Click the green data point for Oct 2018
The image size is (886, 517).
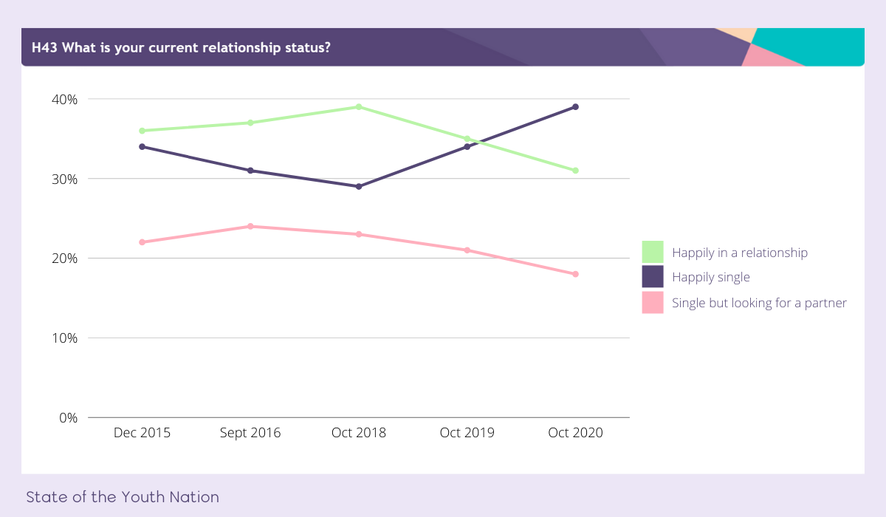point(359,107)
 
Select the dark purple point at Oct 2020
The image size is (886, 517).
point(575,107)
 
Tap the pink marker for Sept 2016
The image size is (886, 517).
point(250,226)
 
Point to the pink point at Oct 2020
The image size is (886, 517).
point(575,274)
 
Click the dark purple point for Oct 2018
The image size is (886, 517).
point(359,186)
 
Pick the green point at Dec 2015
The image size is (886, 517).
point(142,131)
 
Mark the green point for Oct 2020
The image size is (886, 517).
point(575,171)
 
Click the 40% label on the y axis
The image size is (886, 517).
point(64,99)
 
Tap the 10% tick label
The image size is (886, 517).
point(64,338)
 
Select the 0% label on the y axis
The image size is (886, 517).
point(68,418)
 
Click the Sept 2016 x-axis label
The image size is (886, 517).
point(250,433)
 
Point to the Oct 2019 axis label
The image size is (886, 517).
point(467,433)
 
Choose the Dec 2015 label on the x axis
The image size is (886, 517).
point(142,433)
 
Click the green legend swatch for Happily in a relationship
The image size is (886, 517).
point(653,252)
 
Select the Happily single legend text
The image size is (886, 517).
point(710,278)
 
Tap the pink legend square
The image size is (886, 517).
point(653,303)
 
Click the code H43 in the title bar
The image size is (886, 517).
point(45,48)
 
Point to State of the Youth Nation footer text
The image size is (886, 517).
point(123,497)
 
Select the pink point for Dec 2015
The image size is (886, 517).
point(142,242)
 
